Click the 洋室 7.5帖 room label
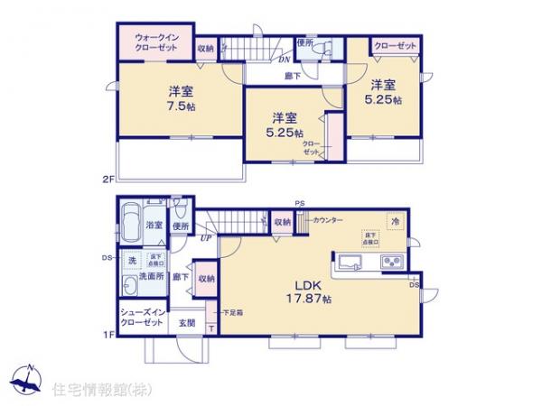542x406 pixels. tap(180, 97)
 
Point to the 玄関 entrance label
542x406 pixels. tap(186, 322)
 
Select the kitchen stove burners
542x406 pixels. tap(395, 263)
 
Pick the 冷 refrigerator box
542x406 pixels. tap(395, 218)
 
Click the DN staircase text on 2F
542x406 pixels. tap(282, 60)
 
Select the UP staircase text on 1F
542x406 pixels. tap(207, 238)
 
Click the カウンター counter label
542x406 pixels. tap(327, 218)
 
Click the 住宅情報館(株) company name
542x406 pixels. tap(101, 390)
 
